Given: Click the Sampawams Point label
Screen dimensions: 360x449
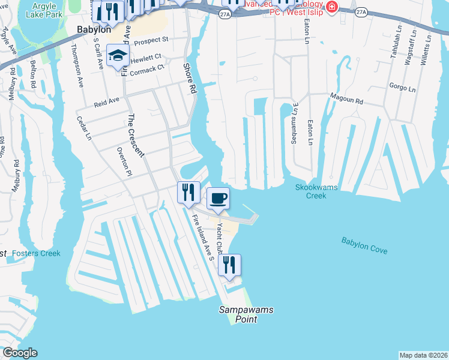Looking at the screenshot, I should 246,314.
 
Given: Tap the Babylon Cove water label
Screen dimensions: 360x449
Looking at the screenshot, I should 364,245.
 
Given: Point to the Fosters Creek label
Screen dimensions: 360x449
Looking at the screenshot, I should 36,253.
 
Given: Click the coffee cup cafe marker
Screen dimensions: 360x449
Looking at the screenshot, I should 218,198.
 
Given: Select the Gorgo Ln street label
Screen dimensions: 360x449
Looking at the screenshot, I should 402,88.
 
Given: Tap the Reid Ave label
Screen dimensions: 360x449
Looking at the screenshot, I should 107,103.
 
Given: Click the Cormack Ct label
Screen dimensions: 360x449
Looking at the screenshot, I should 147,69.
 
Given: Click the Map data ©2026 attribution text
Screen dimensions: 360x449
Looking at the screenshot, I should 423,355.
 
